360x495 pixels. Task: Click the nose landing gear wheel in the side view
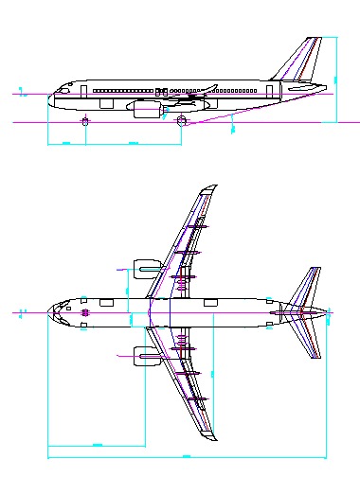(x=86, y=121)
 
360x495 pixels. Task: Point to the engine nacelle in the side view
(x=146, y=110)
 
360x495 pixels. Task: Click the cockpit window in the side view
(x=66, y=87)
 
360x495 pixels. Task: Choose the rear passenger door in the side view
(x=270, y=91)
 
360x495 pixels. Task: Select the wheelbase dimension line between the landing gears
(x=133, y=144)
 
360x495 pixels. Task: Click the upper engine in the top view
(x=145, y=269)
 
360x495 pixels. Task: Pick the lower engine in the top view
(x=145, y=356)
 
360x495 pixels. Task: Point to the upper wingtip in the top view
(x=210, y=188)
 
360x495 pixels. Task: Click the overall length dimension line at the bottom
(x=189, y=457)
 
